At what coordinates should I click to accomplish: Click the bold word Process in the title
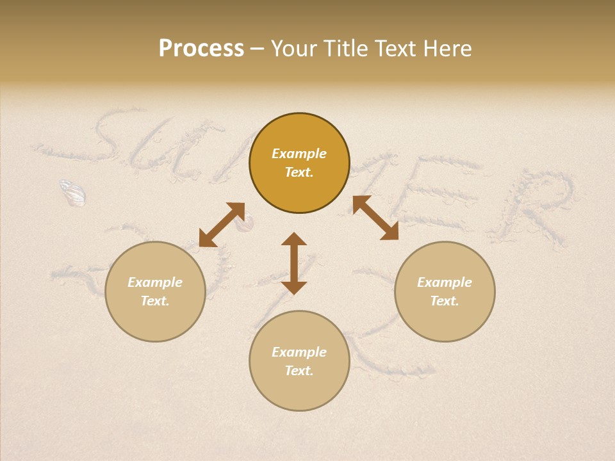(201, 49)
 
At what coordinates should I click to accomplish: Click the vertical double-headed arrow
(294, 263)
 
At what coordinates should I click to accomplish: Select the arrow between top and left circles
(222, 225)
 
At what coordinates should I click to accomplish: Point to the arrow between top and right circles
(375, 218)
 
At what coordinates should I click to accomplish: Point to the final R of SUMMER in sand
(538, 205)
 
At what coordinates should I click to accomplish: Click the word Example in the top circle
(299, 154)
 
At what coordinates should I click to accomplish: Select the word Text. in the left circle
(155, 301)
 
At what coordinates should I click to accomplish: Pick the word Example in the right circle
(445, 282)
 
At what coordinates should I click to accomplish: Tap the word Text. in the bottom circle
(299, 371)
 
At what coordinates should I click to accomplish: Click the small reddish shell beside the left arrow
(244, 223)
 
